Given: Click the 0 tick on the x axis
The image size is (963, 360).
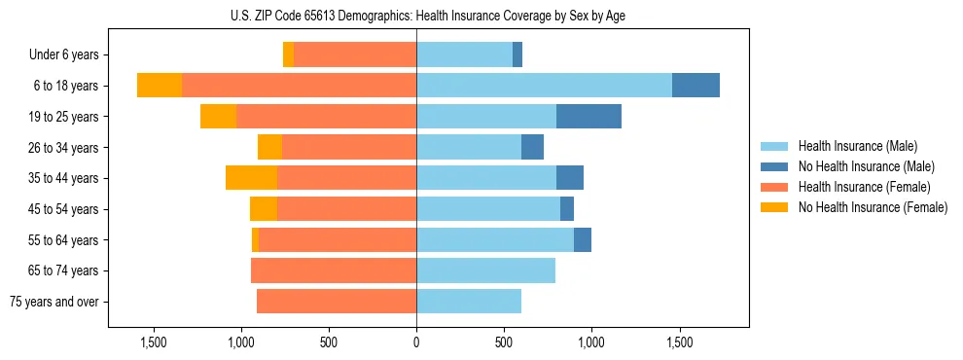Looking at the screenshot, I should tap(416, 342).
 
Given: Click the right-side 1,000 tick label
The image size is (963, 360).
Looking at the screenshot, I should tap(591, 342).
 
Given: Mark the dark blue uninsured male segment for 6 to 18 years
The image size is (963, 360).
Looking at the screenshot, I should tap(695, 86).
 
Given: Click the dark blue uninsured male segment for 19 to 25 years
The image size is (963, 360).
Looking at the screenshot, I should tap(588, 117).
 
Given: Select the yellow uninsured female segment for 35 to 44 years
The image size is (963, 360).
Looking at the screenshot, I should tap(251, 178).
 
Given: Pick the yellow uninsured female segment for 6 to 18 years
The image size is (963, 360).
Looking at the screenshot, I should tap(160, 86).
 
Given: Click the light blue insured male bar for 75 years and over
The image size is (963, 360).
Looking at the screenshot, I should tap(469, 302).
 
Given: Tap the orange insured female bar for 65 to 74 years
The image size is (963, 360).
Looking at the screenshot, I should tap(334, 270).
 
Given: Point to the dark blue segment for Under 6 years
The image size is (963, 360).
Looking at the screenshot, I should tap(517, 55).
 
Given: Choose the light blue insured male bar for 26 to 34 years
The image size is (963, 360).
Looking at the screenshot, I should tap(469, 147).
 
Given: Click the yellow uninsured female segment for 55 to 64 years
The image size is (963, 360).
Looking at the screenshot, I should tap(255, 239).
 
